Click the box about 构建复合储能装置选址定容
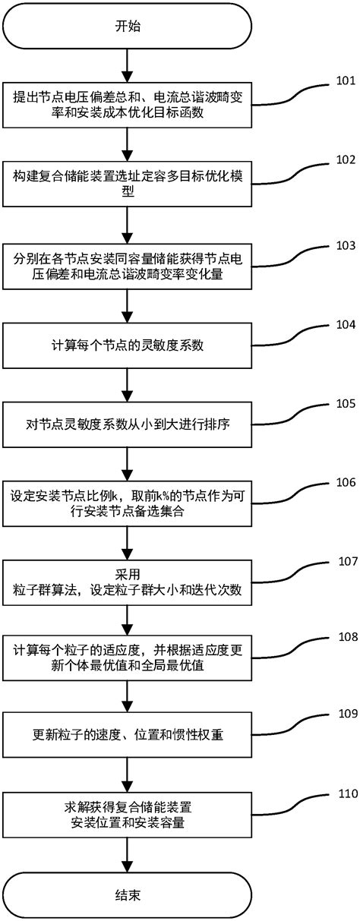[x=127, y=182]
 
